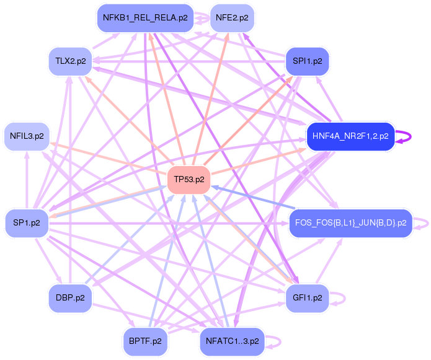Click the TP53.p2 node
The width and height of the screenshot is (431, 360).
click(x=189, y=180)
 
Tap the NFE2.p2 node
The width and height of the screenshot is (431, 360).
click(x=232, y=18)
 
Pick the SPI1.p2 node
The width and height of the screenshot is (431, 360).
click(x=307, y=61)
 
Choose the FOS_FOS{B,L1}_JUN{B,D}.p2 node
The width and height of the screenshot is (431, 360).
click(x=350, y=222)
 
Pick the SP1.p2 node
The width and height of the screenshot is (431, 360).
click(x=27, y=222)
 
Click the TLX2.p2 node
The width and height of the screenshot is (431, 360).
click(x=70, y=61)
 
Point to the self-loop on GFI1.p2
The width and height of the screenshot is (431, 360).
click(x=339, y=298)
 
